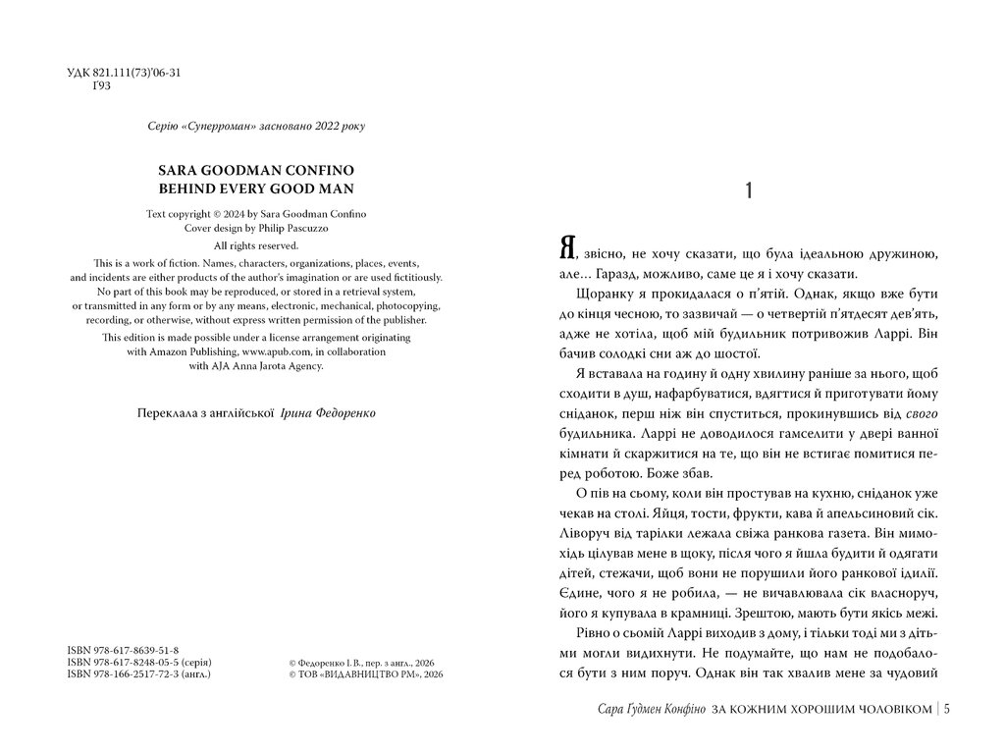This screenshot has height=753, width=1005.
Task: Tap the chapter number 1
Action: [749, 192]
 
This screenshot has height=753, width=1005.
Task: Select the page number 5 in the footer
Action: [946, 710]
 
